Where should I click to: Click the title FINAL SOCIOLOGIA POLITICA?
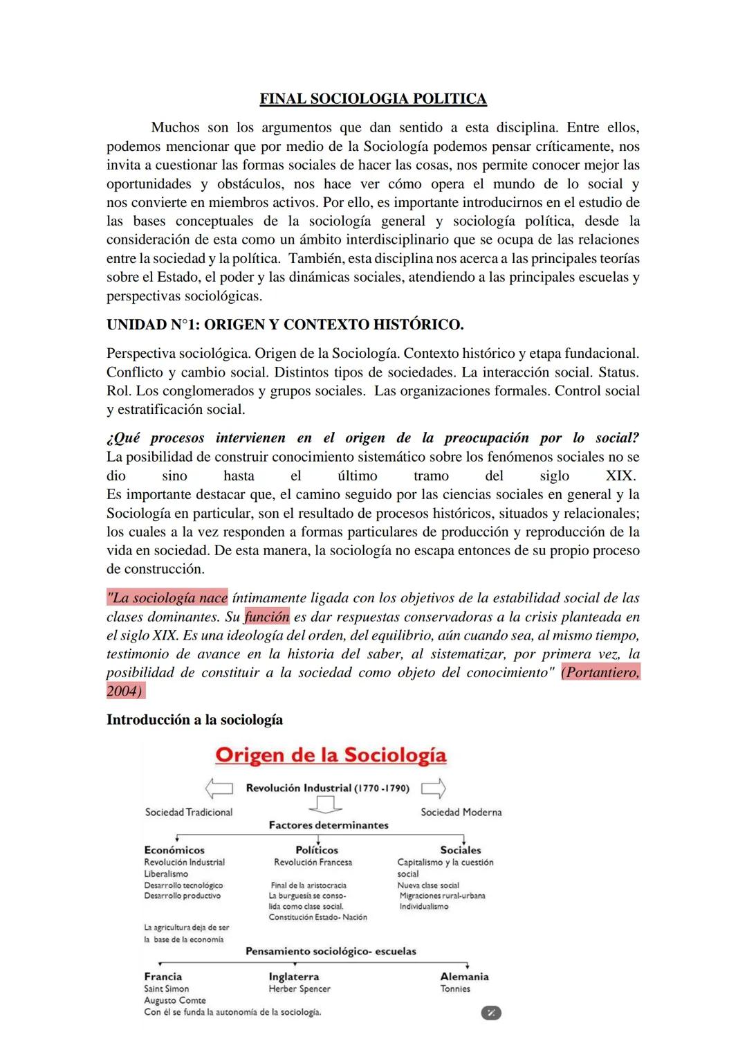coord(373,99)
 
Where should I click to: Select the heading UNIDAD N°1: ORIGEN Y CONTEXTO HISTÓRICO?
coord(285,325)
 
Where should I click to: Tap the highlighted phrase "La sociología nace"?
coord(167,598)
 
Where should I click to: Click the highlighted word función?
coord(266,617)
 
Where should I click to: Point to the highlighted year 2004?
coord(124,691)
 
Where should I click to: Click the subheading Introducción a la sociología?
coord(194,720)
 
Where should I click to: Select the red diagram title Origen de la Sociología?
coord(331,755)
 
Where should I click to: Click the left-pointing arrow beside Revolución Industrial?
coord(219,788)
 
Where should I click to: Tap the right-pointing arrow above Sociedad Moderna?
coord(434,788)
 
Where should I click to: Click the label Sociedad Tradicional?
coord(189,812)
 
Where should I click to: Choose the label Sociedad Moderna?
coord(461,812)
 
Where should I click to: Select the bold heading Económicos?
coord(174,850)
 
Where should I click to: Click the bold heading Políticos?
coord(317,850)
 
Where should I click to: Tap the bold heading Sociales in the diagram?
coord(461,850)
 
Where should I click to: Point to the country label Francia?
coord(163,977)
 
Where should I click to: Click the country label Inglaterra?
coord(294,977)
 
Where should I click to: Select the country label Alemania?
coord(464,977)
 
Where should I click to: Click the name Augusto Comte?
coord(175,1000)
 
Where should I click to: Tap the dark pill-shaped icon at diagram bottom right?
coord(490,1013)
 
